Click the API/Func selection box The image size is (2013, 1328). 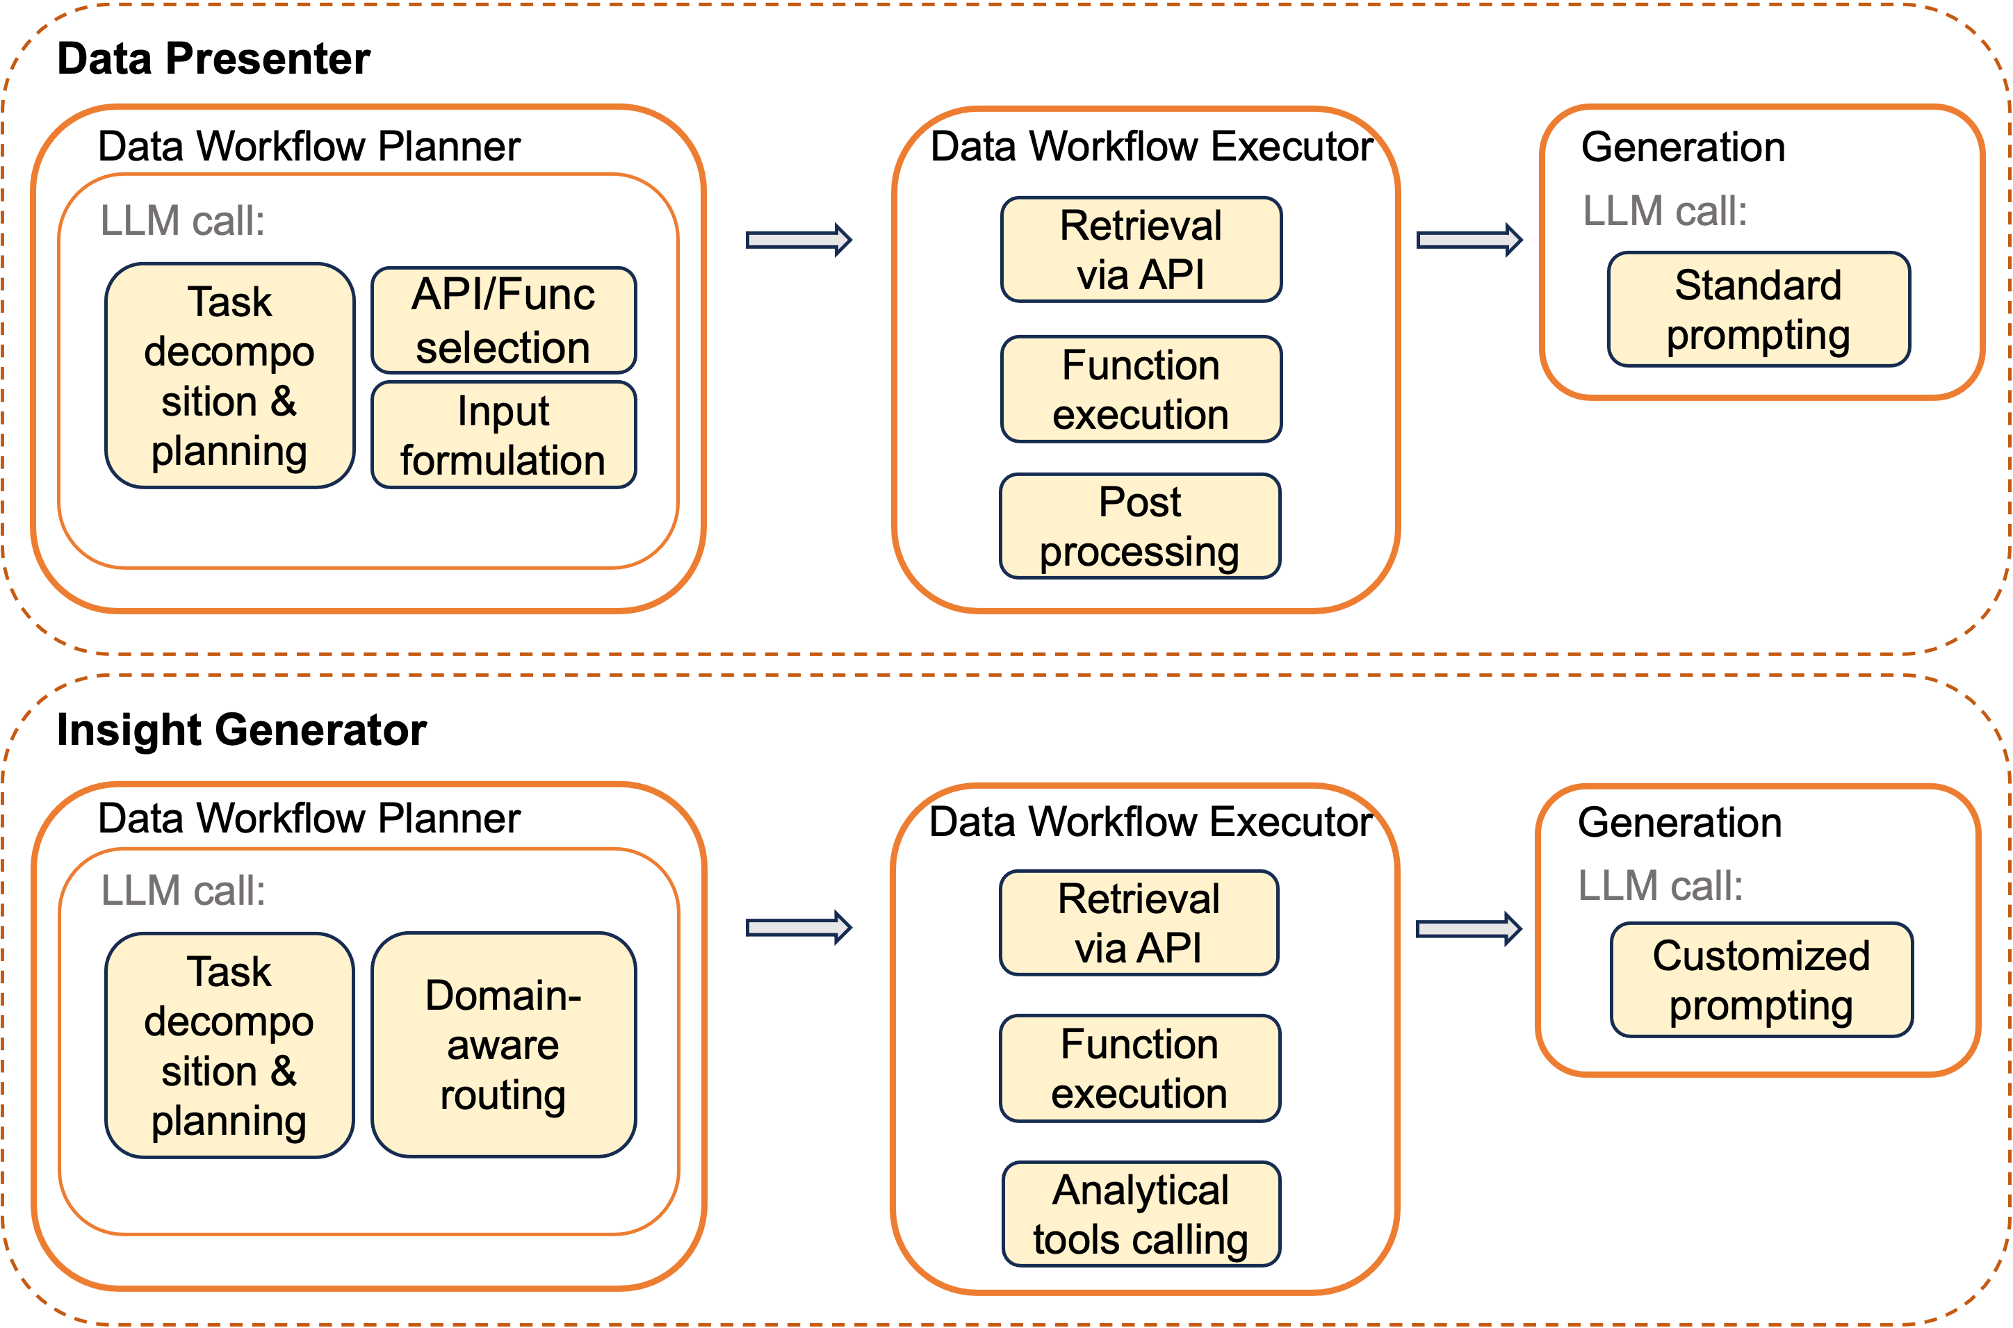(x=503, y=320)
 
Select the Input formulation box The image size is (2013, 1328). (x=503, y=435)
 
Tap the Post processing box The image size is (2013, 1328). (x=1139, y=526)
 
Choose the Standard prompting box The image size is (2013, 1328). (x=1759, y=309)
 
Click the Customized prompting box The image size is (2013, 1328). (x=1761, y=980)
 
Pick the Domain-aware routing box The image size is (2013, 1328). (x=503, y=1044)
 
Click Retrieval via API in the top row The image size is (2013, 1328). (x=1141, y=250)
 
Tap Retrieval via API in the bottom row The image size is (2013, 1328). (x=1139, y=923)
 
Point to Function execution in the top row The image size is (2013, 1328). (x=1141, y=390)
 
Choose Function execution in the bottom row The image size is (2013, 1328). (x=1139, y=1068)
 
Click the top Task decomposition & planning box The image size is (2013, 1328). (x=229, y=375)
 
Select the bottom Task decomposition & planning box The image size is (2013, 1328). (x=229, y=1045)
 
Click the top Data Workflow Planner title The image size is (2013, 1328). (x=309, y=146)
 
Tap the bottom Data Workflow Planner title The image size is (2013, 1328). (x=309, y=818)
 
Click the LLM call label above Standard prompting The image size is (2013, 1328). (x=1665, y=211)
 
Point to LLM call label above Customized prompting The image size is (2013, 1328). (x=1661, y=886)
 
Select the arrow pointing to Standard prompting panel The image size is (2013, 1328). (x=1469, y=240)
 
